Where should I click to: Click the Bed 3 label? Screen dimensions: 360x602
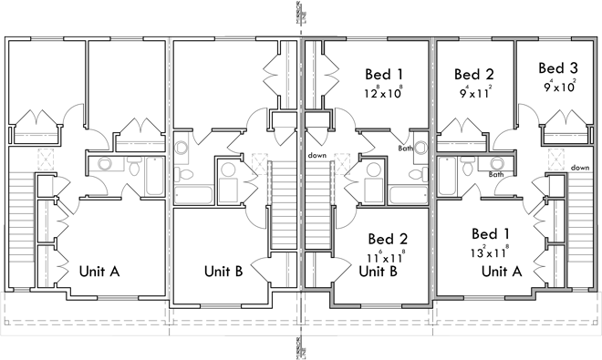tap(557, 67)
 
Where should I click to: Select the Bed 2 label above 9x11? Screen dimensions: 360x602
tap(474, 74)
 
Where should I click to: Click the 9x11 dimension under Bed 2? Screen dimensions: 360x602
tap(474, 91)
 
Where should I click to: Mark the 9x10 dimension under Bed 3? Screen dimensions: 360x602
tap(557, 87)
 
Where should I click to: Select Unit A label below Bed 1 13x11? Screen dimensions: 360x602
tap(501, 271)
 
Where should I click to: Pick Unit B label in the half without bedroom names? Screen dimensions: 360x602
tap(223, 271)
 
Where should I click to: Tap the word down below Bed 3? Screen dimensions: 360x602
tap(580, 168)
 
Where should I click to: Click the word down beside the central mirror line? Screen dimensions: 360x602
tap(317, 155)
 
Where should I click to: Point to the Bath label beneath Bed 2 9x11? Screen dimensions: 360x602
tap(496, 174)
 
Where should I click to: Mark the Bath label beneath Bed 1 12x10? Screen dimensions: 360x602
tap(406, 149)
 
